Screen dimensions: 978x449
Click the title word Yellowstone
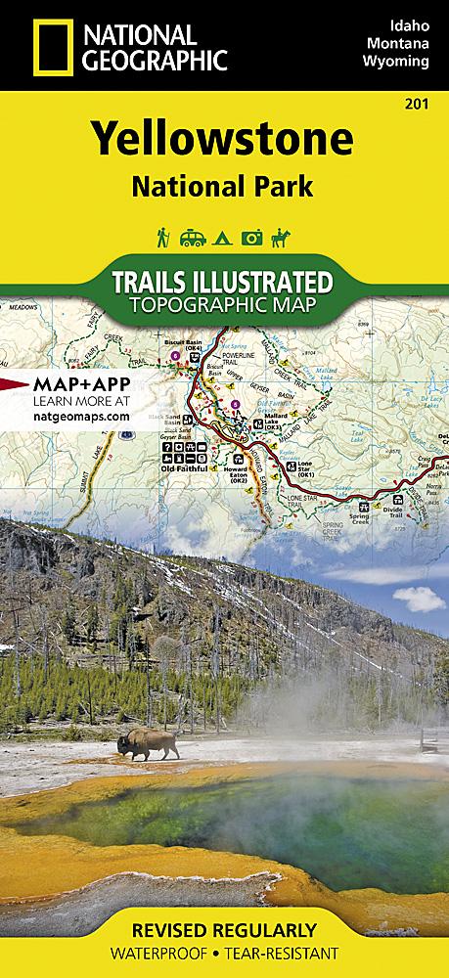tap(224, 141)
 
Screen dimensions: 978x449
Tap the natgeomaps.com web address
tap(67, 416)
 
